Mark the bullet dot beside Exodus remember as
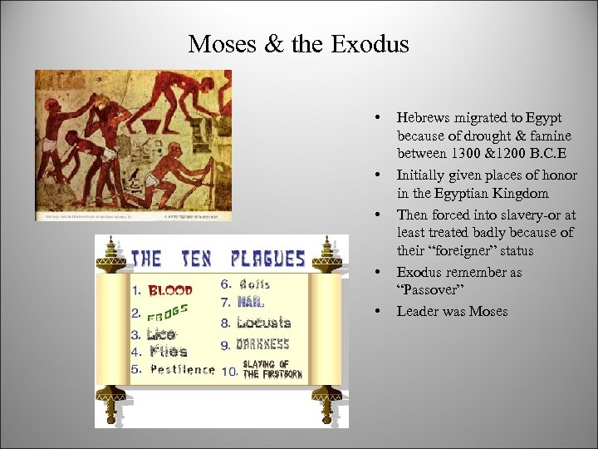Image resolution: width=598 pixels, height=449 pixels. coord(378,272)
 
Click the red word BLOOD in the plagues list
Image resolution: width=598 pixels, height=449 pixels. coord(169,291)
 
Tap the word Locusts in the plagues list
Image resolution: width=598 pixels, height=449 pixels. coord(263,323)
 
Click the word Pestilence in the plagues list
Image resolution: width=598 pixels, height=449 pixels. coord(182,369)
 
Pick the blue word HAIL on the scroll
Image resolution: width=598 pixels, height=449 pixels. coord(250,303)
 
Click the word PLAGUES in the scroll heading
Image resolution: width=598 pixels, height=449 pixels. coord(268,259)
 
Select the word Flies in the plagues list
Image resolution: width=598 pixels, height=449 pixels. coord(169,353)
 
